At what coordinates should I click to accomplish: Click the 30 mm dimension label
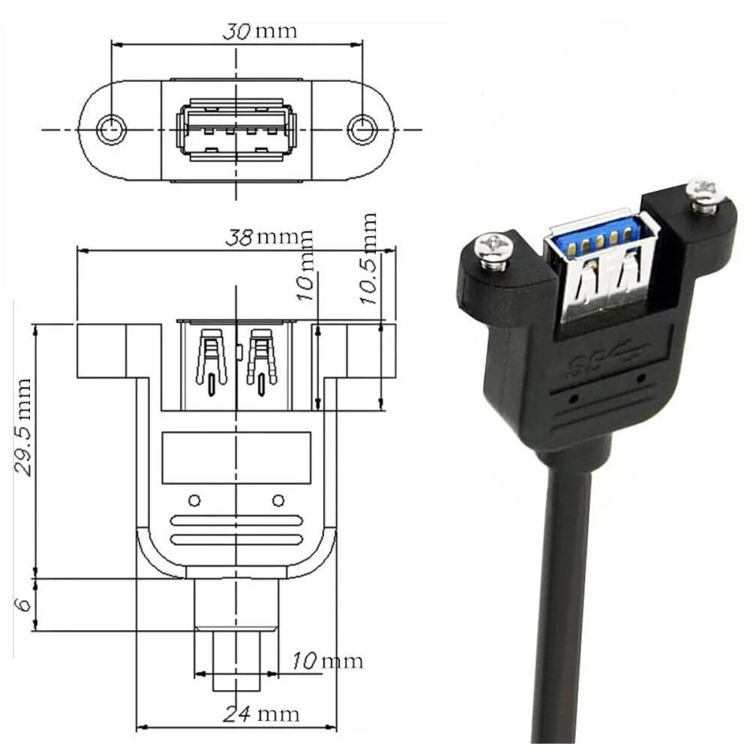259,31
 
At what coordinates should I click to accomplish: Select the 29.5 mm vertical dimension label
23,427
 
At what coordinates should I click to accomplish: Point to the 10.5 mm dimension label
369,258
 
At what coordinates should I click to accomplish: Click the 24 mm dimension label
261,714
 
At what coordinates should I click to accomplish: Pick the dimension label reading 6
23,604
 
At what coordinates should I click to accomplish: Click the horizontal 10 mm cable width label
328,661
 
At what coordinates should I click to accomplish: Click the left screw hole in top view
112,129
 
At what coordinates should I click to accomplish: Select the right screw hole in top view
362,129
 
